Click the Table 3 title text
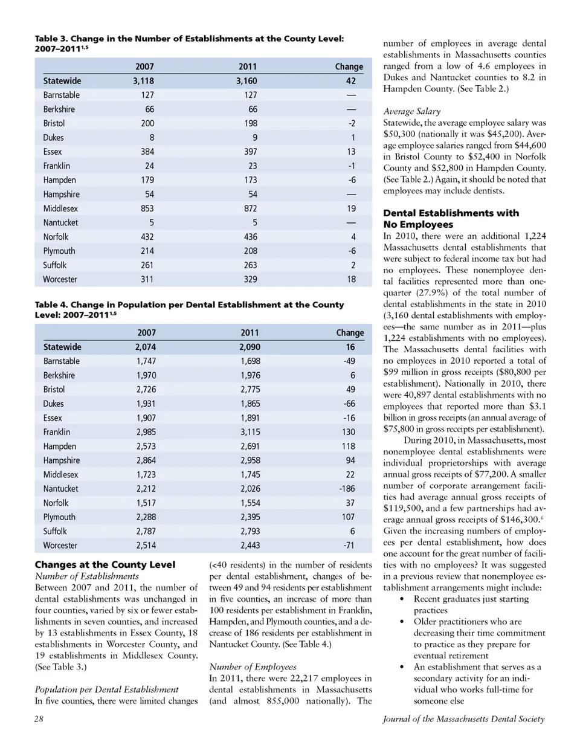[189, 43]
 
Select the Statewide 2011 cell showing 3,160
[246, 81]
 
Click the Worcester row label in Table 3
[60, 279]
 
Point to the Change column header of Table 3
[349, 66]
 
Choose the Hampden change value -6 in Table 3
[352, 180]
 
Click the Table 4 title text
[189, 309]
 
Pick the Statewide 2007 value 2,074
[145, 347]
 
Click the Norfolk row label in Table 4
[56, 503]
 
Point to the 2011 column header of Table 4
[249, 333]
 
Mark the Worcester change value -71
[349, 546]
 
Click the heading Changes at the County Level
[105, 565]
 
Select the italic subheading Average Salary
[411, 111]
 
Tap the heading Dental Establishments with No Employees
[451, 219]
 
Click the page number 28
[39, 719]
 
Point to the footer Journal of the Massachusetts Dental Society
[463, 719]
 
